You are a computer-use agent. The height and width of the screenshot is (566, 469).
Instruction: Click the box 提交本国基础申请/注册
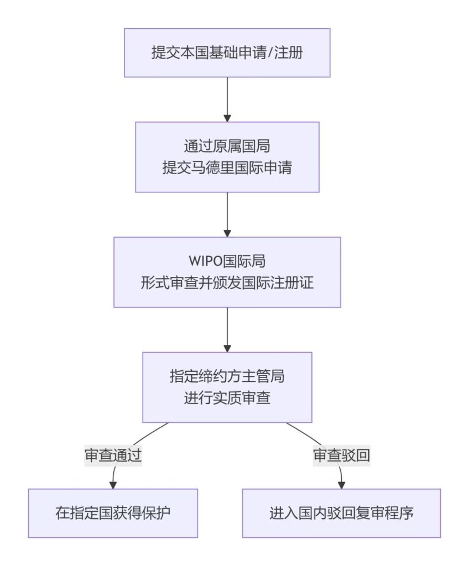(227, 53)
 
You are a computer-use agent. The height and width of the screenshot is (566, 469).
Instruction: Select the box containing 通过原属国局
(227, 157)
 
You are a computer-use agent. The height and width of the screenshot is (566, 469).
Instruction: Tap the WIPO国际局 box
(227, 272)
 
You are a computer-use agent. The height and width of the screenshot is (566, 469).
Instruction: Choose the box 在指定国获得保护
(113, 513)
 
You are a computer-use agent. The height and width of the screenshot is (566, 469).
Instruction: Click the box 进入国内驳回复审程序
(341, 513)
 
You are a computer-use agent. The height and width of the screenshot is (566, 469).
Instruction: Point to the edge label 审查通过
(113, 455)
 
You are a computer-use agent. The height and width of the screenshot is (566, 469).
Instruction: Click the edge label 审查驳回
(341, 455)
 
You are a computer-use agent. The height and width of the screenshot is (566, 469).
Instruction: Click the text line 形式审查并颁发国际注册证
(227, 283)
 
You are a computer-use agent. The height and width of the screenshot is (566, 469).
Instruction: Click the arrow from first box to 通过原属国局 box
(227, 98)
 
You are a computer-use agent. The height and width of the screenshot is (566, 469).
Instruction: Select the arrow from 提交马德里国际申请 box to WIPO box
(227, 214)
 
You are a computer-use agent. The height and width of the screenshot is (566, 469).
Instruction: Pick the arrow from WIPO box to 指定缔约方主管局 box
(227, 329)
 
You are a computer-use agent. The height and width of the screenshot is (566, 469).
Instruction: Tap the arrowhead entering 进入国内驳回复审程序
(341, 485)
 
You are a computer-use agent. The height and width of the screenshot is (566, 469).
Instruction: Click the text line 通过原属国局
(227, 146)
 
